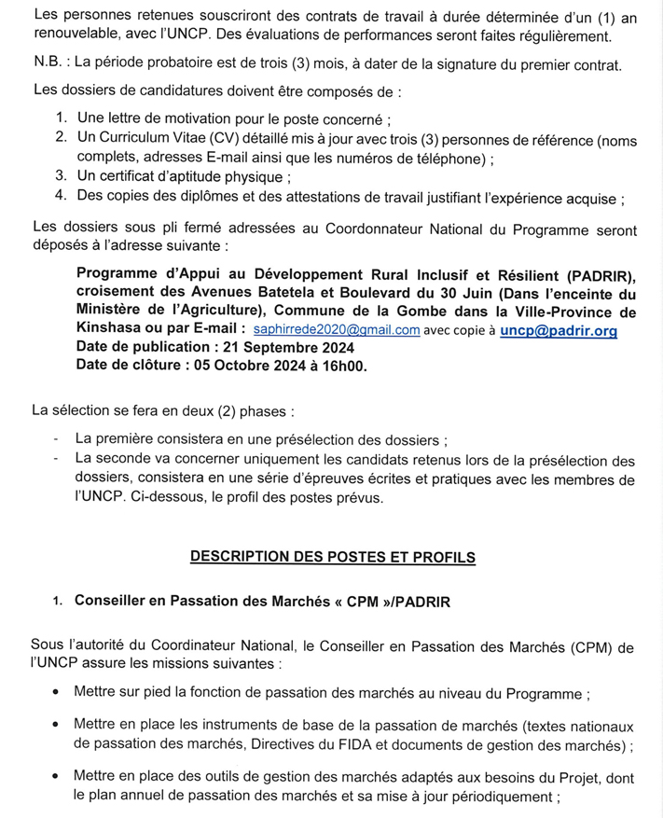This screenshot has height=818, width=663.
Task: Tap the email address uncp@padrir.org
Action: click(x=559, y=330)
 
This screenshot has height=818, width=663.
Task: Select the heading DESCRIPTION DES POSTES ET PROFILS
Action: click(x=333, y=557)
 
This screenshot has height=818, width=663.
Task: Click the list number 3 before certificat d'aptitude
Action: click(x=61, y=175)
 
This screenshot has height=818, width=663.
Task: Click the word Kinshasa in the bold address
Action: click(x=108, y=330)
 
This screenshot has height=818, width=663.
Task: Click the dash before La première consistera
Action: click(x=58, y=437)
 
